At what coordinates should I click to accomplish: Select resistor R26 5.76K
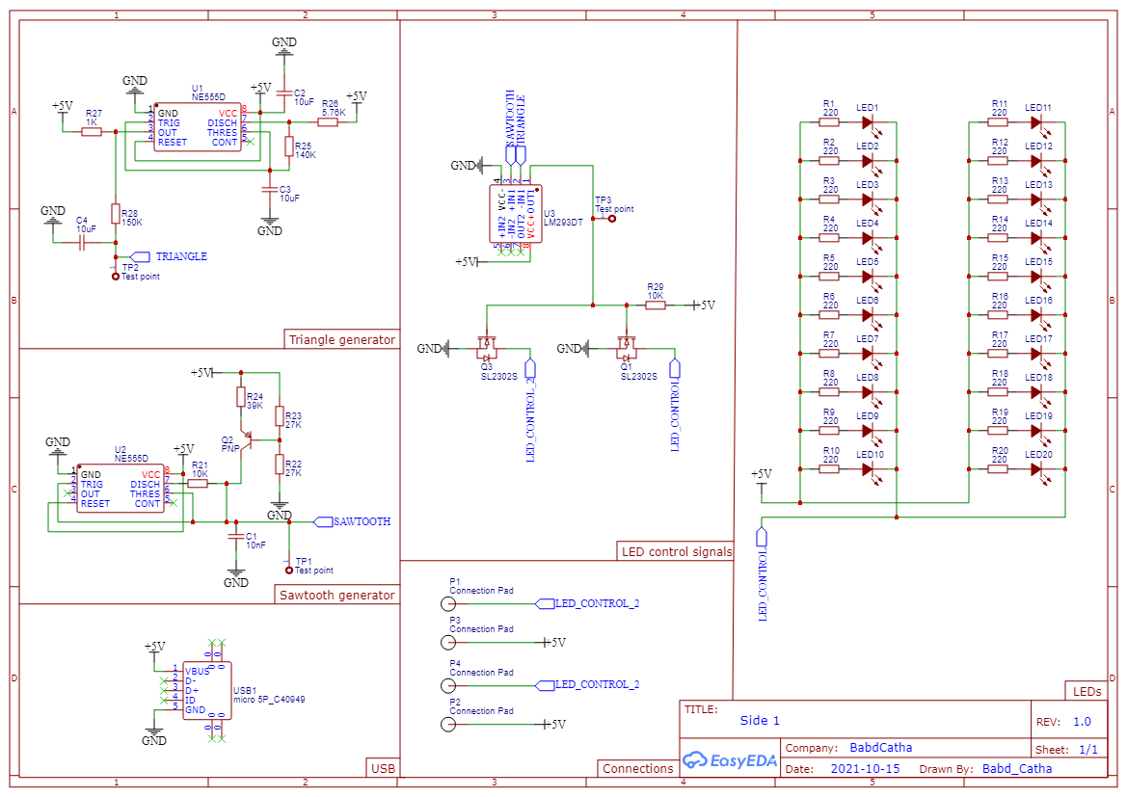329,122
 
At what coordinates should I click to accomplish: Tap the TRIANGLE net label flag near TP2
140,256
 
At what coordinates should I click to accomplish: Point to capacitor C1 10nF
233,536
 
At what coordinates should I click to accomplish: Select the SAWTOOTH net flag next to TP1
323,521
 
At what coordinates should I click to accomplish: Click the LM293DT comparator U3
517,213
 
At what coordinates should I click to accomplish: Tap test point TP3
611,219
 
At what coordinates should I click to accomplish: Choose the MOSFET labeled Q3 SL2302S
487,344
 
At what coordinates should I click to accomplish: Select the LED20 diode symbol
1036,469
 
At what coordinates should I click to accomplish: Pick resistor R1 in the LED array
829,122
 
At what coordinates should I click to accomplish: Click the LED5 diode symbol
868,277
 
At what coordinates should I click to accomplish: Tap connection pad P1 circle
447,604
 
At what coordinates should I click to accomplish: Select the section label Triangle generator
342,339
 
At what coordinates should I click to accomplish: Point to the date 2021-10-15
864,769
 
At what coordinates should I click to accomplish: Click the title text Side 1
760,721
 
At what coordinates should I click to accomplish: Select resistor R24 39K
241,397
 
